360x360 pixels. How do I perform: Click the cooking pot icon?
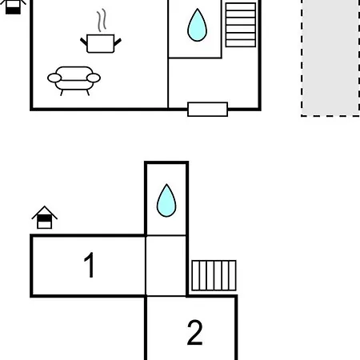click(101, 43)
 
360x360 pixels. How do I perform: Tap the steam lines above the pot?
click(102, 20)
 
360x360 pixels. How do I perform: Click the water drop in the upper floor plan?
click(197, 25)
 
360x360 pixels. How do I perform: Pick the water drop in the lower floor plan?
click(166, 201)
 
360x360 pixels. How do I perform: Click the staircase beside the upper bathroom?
click(241, 25)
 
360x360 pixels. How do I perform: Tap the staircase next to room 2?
click(214, 275)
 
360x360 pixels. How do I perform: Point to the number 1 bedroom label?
click(90, 265)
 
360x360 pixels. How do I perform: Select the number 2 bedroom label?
click(195, 333)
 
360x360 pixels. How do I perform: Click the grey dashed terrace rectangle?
click(330, 58)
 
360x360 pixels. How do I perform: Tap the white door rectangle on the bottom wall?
click(207, 110)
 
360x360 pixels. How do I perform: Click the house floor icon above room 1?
click(45, 218)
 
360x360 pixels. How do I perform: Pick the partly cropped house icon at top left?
click(13, 6)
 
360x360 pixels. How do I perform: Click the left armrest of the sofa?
click(54, 78)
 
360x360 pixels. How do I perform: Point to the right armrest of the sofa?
click(94, 78)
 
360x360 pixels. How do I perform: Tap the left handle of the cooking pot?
click(84, 42)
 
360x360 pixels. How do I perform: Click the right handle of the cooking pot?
click(118, 42)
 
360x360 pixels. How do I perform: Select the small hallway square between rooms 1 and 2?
click(166, 266)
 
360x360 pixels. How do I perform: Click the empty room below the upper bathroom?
click(214, 82)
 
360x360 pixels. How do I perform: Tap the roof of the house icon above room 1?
click(45, 212)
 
